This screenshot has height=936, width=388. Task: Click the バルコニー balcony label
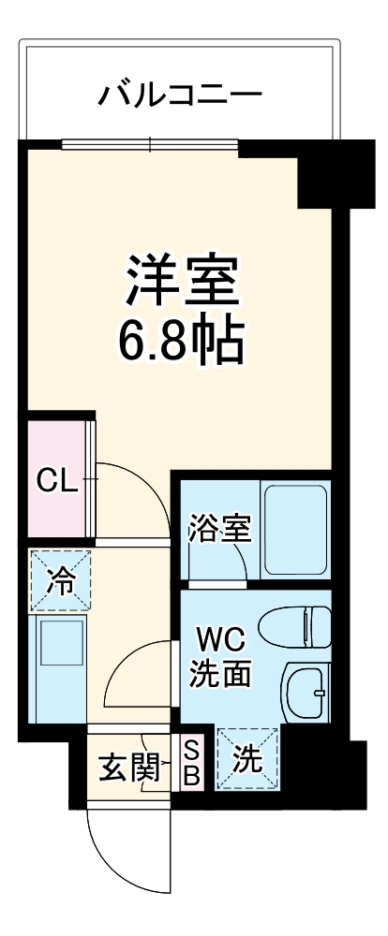click(181, 95)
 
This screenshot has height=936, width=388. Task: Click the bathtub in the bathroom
click(293, 530)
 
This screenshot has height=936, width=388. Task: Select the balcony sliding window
click(150, 144)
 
